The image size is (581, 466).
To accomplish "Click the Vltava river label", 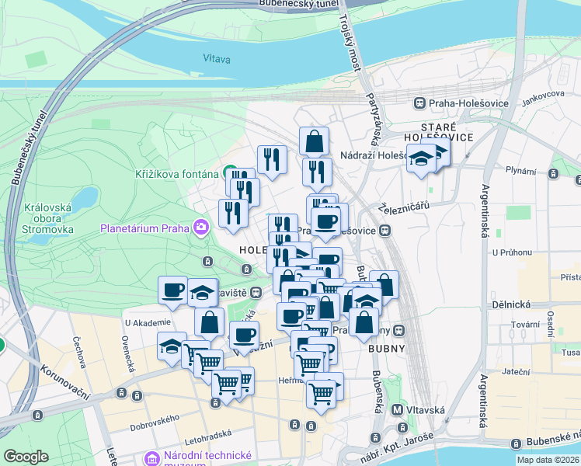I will pos(217,58).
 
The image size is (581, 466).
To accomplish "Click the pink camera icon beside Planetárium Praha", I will pos(201,228).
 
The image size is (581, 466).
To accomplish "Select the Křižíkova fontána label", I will pos(177,173).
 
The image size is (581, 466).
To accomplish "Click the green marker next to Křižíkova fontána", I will pos(231,172).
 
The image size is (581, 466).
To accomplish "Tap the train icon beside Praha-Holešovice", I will pos(419,103).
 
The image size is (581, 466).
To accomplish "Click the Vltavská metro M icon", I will pos(397,409).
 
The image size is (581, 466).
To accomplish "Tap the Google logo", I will pos(26,456).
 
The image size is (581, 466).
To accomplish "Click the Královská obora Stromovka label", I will pos(48,218).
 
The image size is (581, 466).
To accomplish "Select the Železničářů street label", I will pos(405,207).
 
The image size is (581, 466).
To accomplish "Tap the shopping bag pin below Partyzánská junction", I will pos(314,141).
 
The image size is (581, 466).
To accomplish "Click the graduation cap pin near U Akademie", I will pos(170,346).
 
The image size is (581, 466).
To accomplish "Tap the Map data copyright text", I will pos(548,460).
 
